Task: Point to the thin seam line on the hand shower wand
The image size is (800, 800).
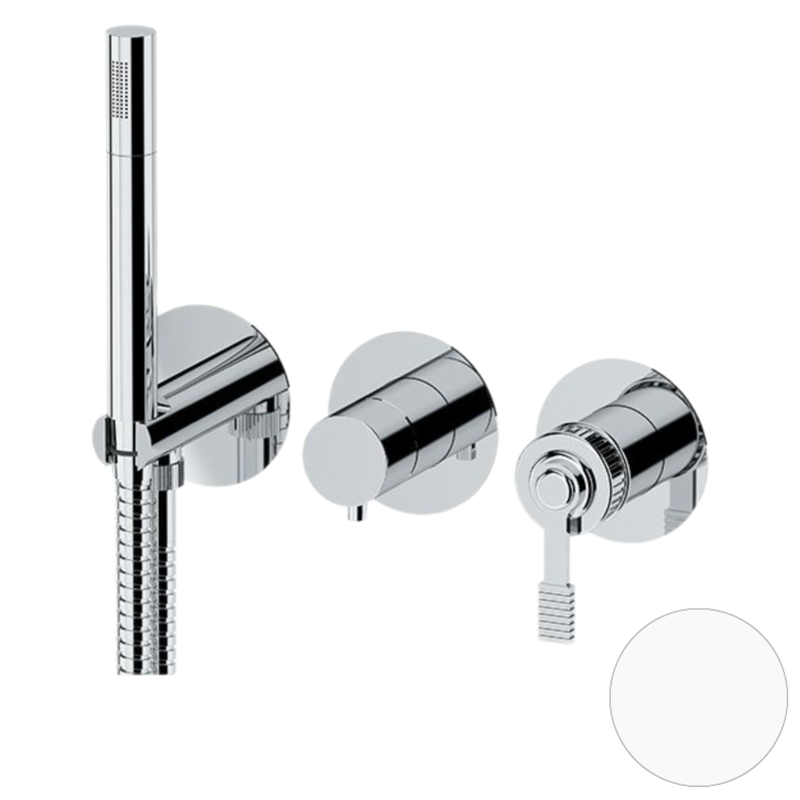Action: pos(129,153)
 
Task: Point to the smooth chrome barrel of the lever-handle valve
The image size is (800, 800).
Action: pos(646,430)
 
